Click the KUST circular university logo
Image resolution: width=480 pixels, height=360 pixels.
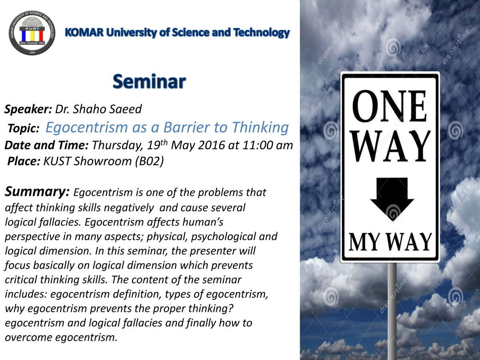pos(32,33)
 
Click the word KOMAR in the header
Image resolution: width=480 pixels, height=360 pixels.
pos(84,32)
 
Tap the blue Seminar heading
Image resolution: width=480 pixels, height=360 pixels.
pos(149,82)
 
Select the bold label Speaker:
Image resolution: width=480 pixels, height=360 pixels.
pos(28,109)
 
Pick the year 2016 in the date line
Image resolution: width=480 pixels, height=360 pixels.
pos(211,145)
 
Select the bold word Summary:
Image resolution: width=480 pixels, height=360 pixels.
pos(37,192)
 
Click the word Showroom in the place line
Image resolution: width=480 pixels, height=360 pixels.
pos(102,161)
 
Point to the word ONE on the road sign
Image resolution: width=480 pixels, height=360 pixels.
pos(389,106)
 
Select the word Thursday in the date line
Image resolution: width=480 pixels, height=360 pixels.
pos(118,146)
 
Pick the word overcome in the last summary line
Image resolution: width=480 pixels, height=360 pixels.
pos(28,338)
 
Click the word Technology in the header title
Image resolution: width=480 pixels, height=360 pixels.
pos(262,33)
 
